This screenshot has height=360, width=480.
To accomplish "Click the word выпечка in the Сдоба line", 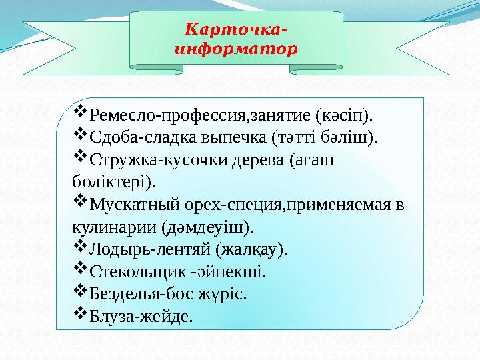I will (x=235, y=138).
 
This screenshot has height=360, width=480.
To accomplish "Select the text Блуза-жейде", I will (x=141, y=317).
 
